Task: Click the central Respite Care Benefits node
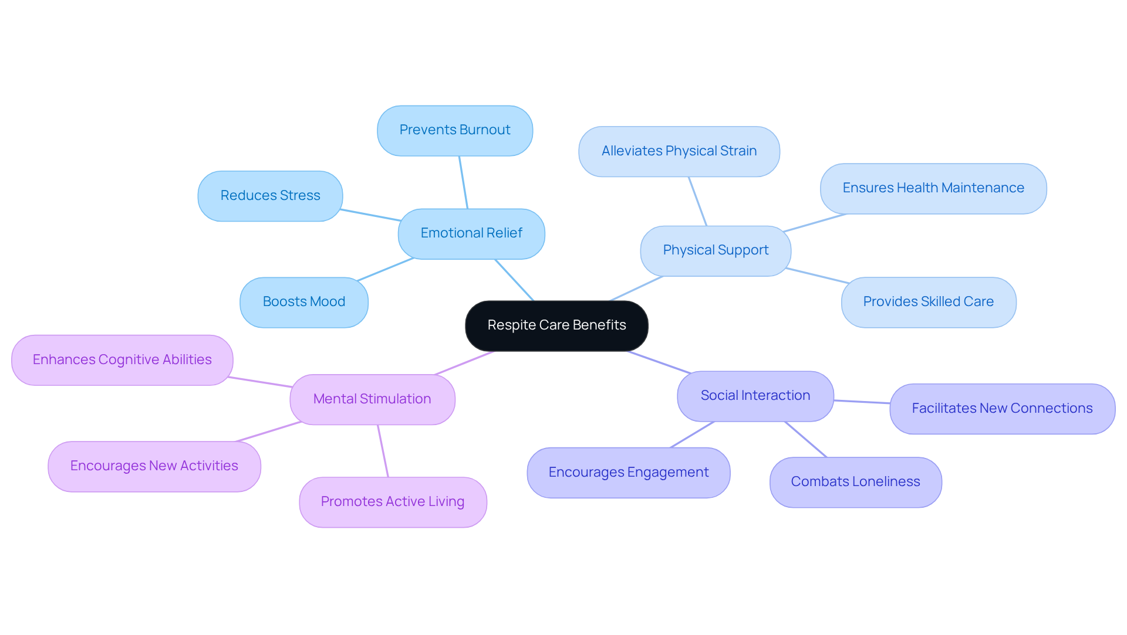[x=556, y=325]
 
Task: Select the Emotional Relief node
[x=471, y=233]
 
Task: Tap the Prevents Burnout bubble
[x=455, y=130]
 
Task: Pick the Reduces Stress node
[x=270, y=196]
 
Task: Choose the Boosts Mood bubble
[x=303, y=302]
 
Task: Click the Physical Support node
[x=716, y=250]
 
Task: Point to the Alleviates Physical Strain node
[x=679, y=151]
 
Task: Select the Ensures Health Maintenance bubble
[x=933, y=188]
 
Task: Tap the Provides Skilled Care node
[x=928, y=302]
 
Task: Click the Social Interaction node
[x=755, y=396]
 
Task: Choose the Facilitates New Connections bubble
[x=1002, y=409]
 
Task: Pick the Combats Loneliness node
[x=855, y=482]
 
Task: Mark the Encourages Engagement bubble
[x=628, y=473]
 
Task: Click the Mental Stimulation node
[x=372, y=399]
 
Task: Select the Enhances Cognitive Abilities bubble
[x=122, y=360]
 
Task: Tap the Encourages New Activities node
[x=154, y=466]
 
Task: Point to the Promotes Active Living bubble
[x=392, y=502]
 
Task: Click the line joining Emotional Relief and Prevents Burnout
[x=463, y=182]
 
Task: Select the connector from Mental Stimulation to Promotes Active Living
[x=383, y=451]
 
